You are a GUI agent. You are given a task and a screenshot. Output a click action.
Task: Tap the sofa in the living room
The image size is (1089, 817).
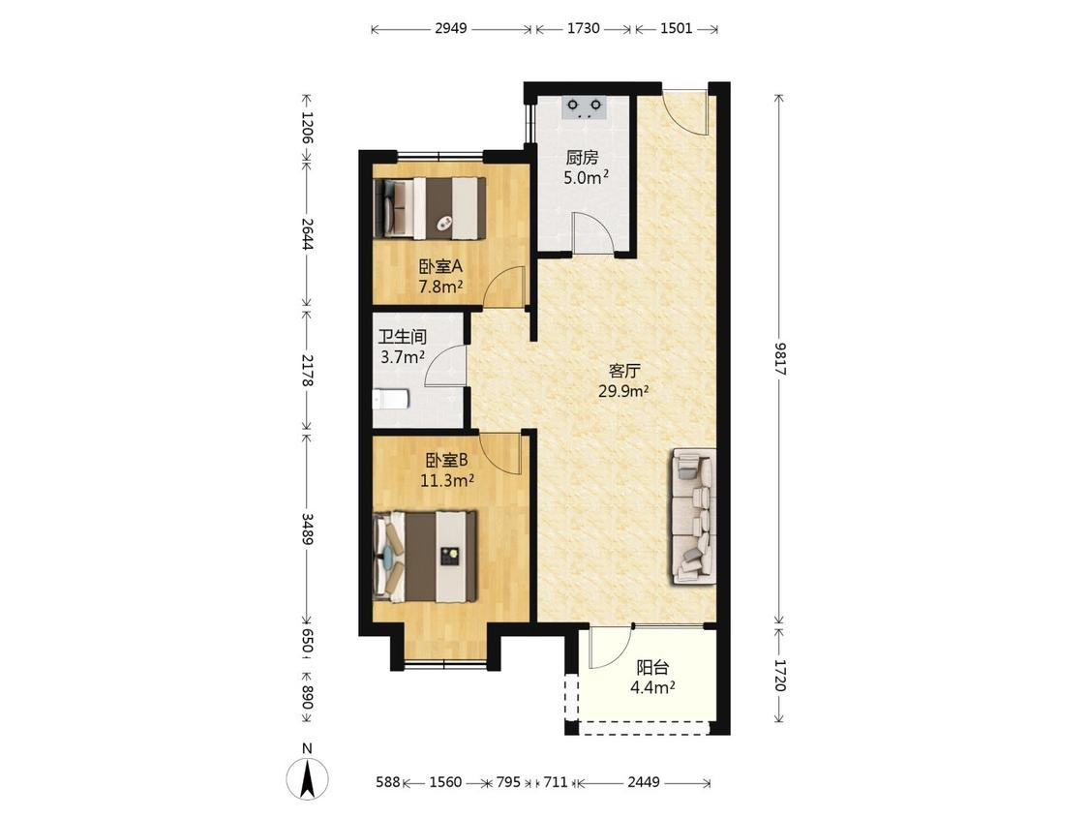point(692,516)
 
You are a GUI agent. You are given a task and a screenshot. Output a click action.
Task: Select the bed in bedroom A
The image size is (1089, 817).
point(429,209)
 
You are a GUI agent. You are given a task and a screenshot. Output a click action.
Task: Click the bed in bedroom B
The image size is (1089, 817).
point(425,557)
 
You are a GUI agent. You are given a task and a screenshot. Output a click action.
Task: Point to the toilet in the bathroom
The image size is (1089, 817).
point(391,400)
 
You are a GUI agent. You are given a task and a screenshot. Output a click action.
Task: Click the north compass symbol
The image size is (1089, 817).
point(307,773)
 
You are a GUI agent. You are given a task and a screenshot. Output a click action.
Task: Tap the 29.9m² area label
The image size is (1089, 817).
point(623,391)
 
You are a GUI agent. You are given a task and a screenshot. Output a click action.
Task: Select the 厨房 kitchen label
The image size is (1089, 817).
point(582,159)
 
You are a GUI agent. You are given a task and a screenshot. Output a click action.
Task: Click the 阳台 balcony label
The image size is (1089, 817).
point(652,668)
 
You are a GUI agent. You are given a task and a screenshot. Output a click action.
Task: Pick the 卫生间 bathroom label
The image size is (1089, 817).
point(402,338)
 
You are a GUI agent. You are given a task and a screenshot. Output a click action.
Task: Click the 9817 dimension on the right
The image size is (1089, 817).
point(780,359)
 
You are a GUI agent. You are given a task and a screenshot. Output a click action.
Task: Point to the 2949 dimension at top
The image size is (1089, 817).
point(451,28)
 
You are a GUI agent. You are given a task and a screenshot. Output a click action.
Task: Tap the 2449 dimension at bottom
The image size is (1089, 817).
point(643,782)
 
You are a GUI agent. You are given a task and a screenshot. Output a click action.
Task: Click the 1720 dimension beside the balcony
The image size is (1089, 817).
point(780,676)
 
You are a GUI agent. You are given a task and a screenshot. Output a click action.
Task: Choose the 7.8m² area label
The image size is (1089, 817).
point(440,287)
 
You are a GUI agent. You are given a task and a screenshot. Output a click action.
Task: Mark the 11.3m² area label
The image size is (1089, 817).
point(447,480)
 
